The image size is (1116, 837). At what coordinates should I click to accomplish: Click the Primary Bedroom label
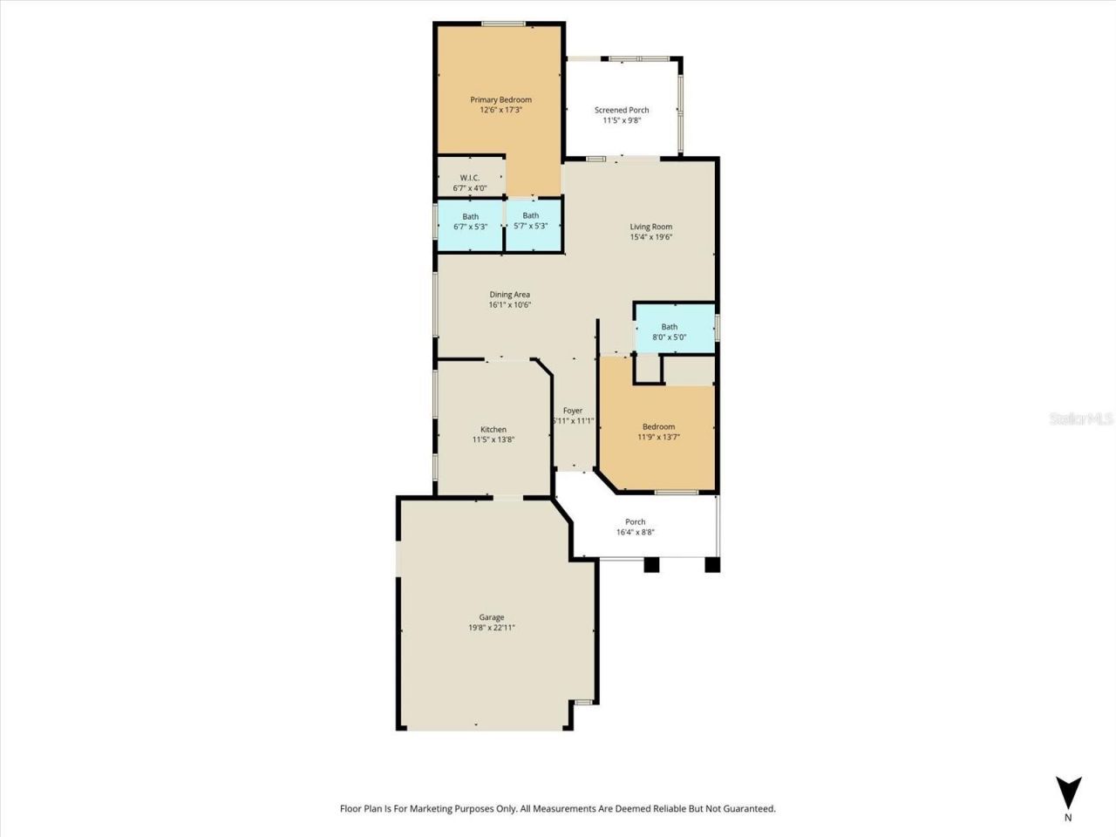click(500, 99)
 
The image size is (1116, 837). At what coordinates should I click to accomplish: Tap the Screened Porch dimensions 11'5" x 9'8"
click(622, 121)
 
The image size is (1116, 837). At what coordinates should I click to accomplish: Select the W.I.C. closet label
click(470, 178)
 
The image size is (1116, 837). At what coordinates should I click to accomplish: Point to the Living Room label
click(651, 227)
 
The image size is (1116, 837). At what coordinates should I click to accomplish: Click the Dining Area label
click(509, 295)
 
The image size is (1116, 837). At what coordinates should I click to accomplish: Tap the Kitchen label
click(493, 429)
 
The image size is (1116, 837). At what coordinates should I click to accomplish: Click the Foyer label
click(573, 411)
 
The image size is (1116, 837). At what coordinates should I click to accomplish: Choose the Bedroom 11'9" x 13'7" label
click(658, 427)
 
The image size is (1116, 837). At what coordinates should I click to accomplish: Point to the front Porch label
click(636, 521)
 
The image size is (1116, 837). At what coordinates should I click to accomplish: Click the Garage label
click(492, 617)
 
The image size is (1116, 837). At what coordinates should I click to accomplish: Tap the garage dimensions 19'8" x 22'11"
click(492, 628)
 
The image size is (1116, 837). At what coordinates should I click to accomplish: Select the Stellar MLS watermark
click(1081, 419)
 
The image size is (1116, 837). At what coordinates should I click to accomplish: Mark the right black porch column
click(712, 564)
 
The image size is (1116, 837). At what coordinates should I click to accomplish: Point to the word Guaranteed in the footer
click(743, 809)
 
